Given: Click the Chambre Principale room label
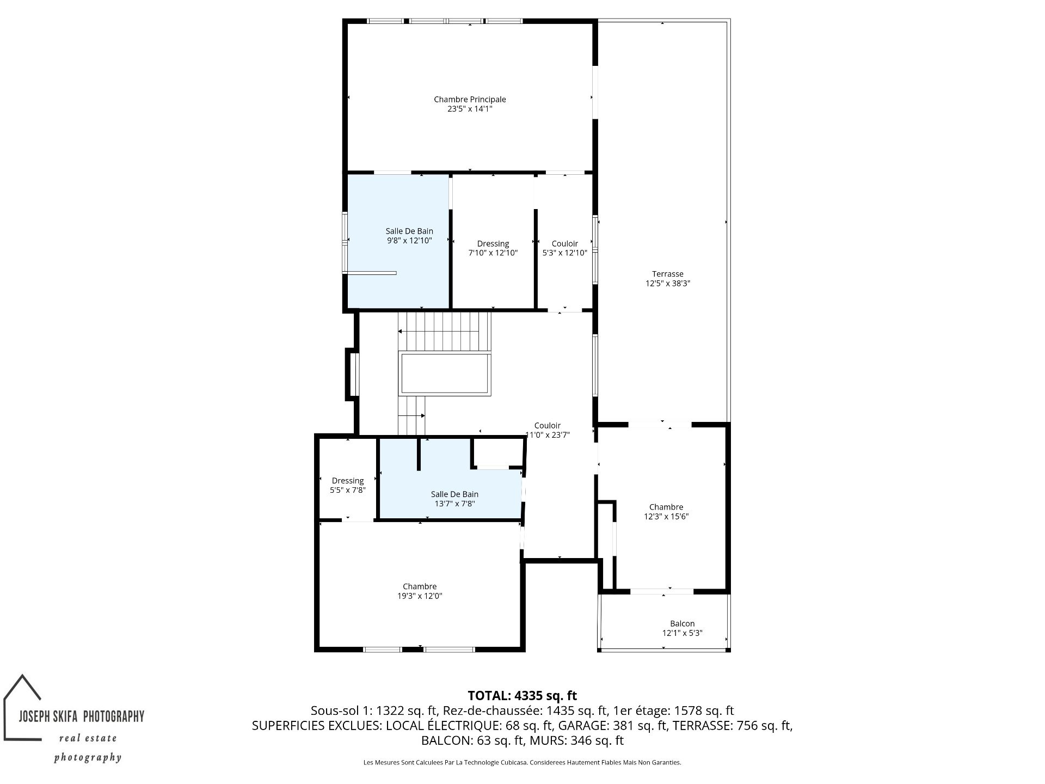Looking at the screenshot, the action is tap(470, 99).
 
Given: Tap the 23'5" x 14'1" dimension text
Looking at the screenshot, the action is tap(470, 109).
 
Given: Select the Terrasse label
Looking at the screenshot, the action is tap(668, 274).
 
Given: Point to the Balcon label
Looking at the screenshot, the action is tap(682, 623).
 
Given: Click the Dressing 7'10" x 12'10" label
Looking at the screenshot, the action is tap(493, 248).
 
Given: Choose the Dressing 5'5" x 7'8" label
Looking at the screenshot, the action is tap(348, 485).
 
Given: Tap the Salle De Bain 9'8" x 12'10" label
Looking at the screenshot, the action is tap(409, 236).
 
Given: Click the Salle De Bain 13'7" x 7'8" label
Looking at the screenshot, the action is tap(454, 499).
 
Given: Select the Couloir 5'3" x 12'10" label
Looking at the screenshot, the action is tap(565, 248).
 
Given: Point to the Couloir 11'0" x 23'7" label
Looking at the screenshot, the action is tap(548, 430).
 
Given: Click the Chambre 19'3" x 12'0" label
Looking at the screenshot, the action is tap(420, 591).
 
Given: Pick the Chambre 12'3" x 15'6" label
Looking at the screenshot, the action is tap(666, 512).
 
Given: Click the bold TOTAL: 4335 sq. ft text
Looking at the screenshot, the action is tap(522, 695).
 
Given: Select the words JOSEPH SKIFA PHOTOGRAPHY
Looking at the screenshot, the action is tap(82, 716).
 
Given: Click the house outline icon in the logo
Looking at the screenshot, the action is tap(22, 707).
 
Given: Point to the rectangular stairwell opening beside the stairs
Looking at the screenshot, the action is tap(445, 373).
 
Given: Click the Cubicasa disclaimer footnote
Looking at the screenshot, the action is tap(522, 762).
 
